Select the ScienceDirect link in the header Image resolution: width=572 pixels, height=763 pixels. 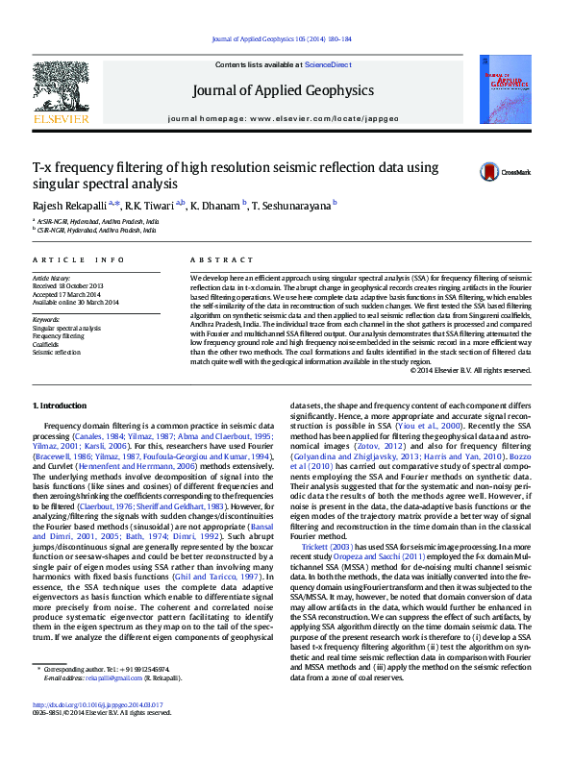[327, 64]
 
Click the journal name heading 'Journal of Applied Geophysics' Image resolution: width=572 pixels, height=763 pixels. [283, 91]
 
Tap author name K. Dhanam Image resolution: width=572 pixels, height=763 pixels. [216, 205]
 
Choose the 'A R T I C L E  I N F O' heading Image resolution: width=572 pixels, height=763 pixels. [79, 260]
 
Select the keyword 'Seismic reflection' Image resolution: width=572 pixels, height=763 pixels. [57, 351]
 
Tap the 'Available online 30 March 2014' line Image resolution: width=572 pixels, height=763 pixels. [75, 302]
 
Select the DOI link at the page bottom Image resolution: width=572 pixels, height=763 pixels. [96, 732]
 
